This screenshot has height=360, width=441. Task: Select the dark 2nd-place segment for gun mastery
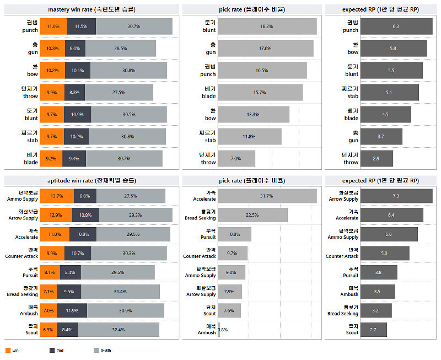74,49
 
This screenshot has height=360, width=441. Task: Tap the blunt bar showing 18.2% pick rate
267,26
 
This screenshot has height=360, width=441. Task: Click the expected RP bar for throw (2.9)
377,159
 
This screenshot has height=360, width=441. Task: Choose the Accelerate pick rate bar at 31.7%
267,196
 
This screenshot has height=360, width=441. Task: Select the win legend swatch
8,350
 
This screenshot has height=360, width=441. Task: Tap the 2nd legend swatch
52,350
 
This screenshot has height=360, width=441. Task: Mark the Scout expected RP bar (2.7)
373,330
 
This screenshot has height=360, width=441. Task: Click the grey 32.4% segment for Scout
119,330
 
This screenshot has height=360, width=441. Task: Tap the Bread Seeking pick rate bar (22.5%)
252,215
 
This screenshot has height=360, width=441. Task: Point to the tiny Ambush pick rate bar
219,330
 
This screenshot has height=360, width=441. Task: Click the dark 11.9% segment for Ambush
72,311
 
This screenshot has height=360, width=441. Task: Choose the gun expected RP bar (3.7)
381,137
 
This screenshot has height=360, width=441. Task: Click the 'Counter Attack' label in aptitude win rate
22,253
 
